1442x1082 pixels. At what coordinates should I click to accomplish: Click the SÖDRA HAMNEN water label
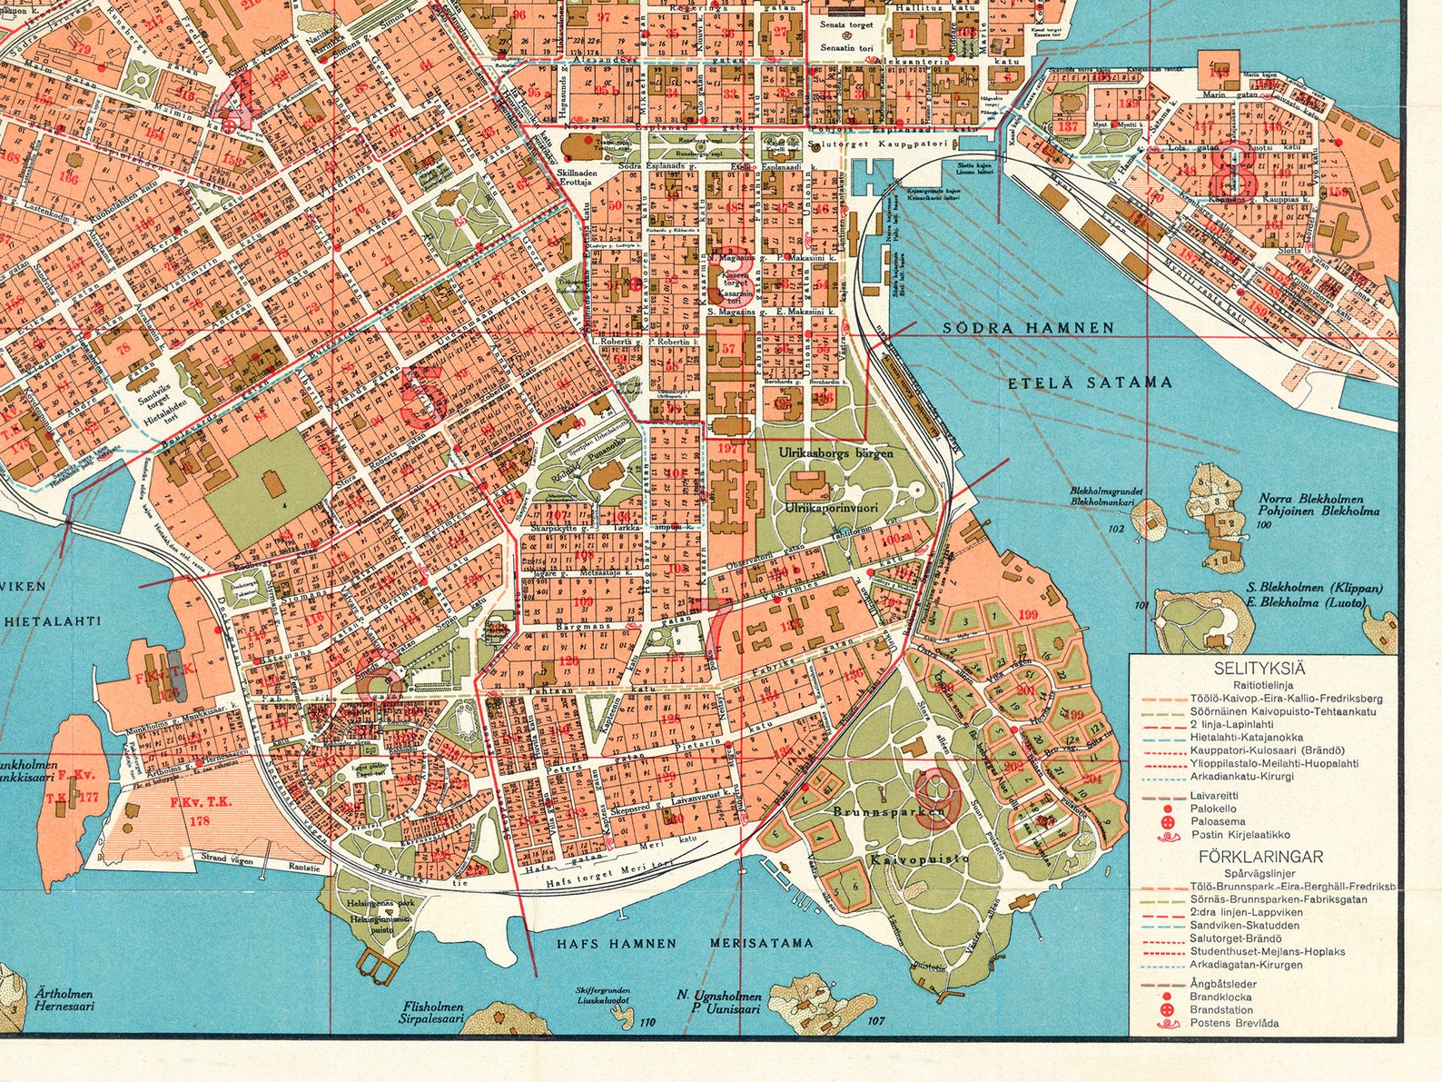(1027, 328)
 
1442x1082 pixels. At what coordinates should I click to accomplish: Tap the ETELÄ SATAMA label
(1090, 382)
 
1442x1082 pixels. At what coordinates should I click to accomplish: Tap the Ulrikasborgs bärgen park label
(835, 452)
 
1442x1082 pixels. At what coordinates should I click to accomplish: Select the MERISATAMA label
(762, 944)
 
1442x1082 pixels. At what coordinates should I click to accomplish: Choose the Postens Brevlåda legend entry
(1234, 1023)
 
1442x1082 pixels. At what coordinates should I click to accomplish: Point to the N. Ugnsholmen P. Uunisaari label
(718, 1002)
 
